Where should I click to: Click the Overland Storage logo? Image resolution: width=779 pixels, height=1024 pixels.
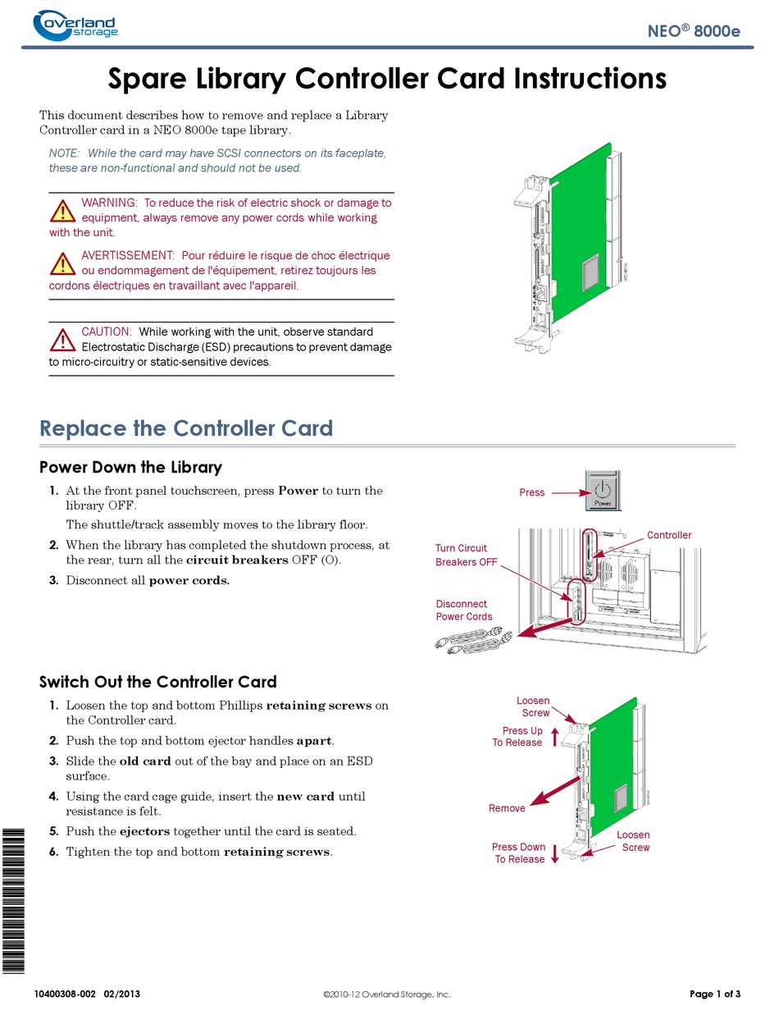75,25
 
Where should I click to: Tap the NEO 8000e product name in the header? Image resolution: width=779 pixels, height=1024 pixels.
693,30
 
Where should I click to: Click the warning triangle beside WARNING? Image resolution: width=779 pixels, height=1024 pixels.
62,211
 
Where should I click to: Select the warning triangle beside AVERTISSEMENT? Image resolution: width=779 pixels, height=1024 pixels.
62,263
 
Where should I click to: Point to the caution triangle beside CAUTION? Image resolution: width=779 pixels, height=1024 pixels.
62,340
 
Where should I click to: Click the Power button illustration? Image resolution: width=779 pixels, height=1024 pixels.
603,491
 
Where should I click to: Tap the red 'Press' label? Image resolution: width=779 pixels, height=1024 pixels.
532,492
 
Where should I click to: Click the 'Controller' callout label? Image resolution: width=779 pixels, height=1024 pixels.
669,535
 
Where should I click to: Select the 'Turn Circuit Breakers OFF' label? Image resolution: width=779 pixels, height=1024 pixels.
467,555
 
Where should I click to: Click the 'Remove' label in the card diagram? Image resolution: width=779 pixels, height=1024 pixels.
507,808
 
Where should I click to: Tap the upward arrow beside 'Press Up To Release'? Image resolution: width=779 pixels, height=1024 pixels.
555,737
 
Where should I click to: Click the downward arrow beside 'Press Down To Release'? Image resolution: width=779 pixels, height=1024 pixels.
555,853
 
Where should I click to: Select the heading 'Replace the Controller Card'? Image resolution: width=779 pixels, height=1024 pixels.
186,428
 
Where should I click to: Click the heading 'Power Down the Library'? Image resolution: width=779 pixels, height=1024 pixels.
130,467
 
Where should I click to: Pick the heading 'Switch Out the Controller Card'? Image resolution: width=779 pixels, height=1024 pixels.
158,682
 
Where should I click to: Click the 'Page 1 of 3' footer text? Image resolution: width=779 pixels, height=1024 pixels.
715,994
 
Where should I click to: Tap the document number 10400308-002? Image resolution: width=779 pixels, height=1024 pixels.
65,994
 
